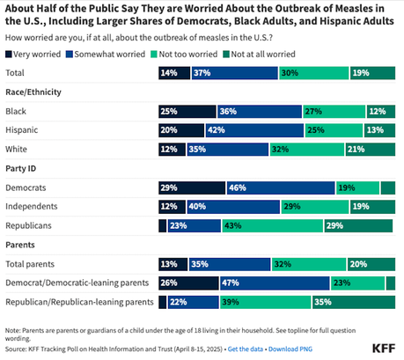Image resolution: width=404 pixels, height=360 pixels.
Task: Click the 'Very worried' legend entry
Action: click(x=32, y=54)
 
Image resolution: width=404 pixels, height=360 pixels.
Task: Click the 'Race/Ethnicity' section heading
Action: click(x=35, y=92)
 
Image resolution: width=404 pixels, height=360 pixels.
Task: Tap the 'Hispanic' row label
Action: click(x=23, y=129)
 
